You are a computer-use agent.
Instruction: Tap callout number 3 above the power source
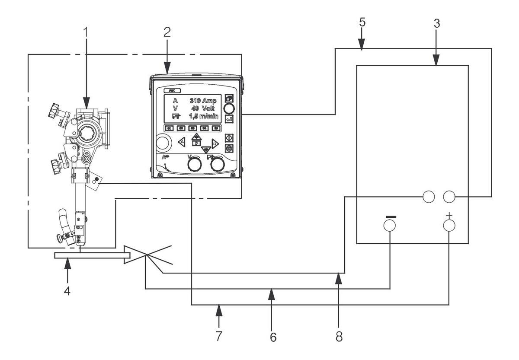437,24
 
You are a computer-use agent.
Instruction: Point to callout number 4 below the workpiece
67,290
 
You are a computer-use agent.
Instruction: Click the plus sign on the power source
449,215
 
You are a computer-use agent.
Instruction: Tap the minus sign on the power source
390,215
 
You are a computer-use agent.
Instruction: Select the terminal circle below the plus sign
449,225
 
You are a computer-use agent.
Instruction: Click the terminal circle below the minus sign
390,225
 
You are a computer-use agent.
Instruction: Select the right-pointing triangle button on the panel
215,144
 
